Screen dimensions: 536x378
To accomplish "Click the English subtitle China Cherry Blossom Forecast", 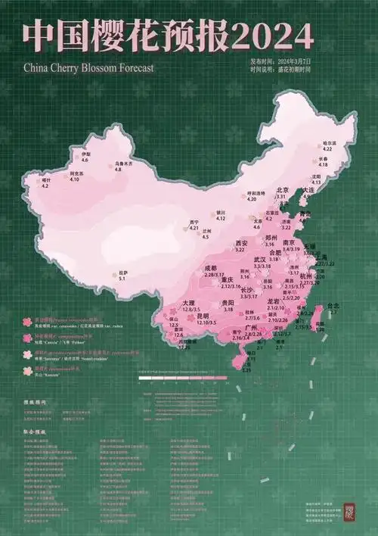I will click(x=88, y=67).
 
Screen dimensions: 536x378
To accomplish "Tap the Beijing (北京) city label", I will click(x=283, y=191).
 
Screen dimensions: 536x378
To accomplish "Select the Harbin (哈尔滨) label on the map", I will click(x=328, y=143).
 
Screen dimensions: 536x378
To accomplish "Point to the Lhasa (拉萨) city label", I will click(x=122, y=273).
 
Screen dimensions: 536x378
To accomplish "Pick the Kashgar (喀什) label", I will click(x=45, y=180).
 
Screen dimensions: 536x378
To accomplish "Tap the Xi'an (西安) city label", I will click(x=240, y=243).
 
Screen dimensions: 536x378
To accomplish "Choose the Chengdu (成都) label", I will click(x=211, y=268).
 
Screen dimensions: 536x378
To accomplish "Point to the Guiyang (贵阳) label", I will click(x=228, y=303).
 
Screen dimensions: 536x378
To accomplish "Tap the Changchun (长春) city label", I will click(x=323, y=158).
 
